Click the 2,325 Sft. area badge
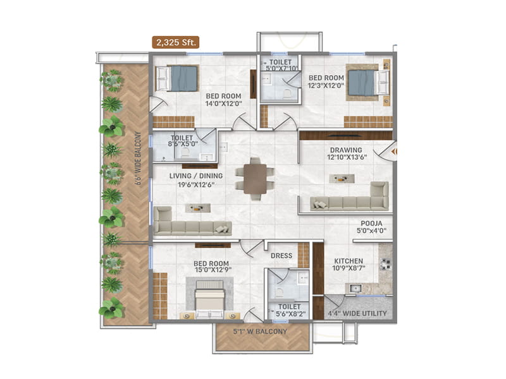[x=175, y=42]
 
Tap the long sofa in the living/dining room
[x=192, y=227]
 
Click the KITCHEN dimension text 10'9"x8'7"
[x=349, y=269]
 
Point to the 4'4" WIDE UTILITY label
[x=357, y=313]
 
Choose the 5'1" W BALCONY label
[x=261, y=331]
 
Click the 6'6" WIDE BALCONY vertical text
[x=137, y=158]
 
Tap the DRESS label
[x=281, y=256]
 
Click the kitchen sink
[x=356, y=289]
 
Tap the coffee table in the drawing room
[x=342, y=179]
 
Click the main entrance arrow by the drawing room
[x=393, y=151]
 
